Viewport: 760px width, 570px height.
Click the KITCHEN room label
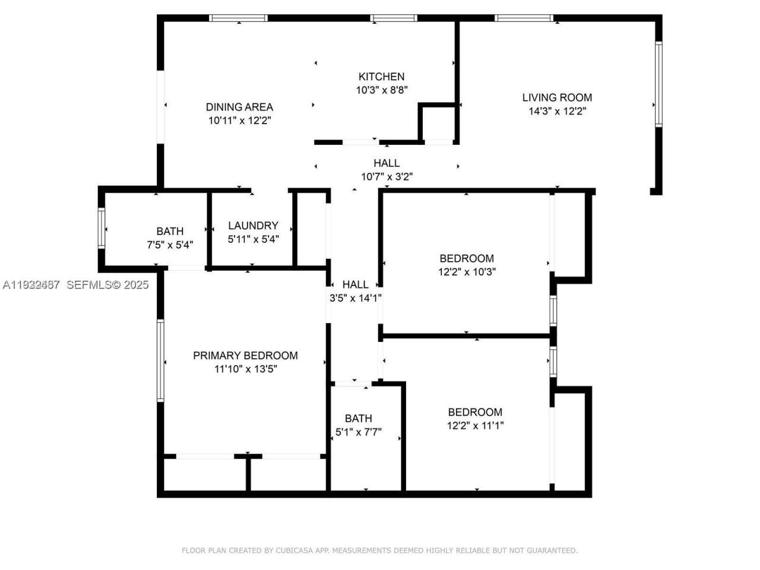point(381,77)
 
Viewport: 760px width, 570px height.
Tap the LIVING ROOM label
point(557,97)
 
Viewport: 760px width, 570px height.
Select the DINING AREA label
point(239,107)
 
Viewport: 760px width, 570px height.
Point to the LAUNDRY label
point(253,226)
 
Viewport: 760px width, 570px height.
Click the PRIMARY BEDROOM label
point(245,356)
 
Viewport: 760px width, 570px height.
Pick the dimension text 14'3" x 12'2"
point(557,111)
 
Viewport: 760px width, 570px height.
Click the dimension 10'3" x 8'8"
point(381,90)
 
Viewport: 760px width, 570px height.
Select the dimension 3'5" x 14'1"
point(355,299)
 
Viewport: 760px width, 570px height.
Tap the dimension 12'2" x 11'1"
point(475,426)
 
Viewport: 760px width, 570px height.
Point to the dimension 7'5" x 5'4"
point(170,245)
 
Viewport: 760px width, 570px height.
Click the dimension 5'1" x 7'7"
point(359,432)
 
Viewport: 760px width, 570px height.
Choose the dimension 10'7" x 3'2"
point(387,176)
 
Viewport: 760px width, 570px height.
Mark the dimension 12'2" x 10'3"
point(467,272)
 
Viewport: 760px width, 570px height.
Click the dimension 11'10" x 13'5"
point(245,369)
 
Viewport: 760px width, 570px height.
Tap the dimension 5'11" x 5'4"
point(253,239)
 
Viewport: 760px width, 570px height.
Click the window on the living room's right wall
point(658,84)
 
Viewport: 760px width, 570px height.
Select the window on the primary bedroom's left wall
point(160,360)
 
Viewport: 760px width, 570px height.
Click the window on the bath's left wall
point(102,227)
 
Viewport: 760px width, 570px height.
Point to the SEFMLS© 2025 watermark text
point(107,285)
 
